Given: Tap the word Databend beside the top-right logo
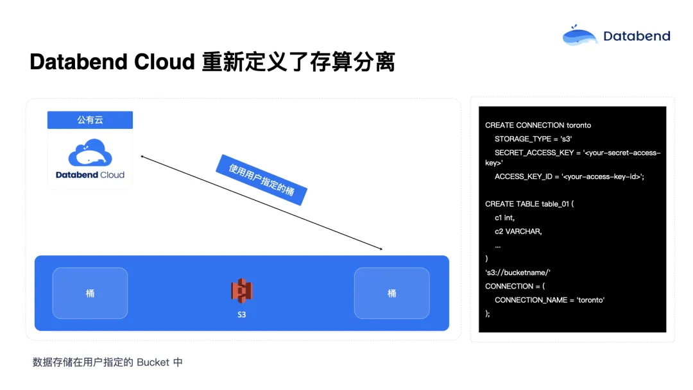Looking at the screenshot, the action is point(637,36).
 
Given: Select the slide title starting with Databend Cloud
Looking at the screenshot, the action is point(212,62).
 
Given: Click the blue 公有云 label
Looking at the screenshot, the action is point(90,120).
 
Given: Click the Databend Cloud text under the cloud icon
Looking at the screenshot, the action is point(90,174).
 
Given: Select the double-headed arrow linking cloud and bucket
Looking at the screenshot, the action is point(261,202).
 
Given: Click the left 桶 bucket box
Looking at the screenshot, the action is point(90,293).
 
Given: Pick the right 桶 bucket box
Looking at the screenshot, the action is point(391,293).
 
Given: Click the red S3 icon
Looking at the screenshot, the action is point(242,291).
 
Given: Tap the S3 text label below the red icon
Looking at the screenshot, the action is point(242,315).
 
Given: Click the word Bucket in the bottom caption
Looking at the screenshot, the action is point(153,362).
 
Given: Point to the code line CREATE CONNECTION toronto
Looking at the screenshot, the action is point(538,125).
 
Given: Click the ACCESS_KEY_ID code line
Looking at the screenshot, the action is point(569,176).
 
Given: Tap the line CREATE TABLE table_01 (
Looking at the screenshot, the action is point(529,204).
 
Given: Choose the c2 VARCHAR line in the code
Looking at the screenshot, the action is point(518,231).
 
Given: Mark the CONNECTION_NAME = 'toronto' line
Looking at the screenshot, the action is point(549,300).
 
